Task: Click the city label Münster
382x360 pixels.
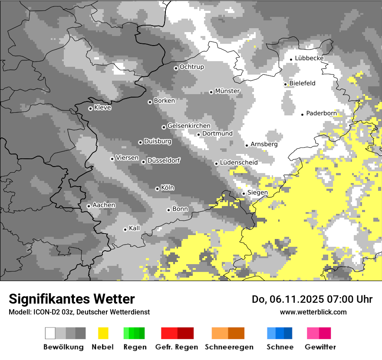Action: [227, 91]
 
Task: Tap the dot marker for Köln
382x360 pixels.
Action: [157, 189]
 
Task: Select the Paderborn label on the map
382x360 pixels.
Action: [321, 114]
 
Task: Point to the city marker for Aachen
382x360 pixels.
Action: [89, 206]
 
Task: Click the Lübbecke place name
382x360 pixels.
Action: [309, 59]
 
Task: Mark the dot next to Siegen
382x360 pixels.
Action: [244, 193]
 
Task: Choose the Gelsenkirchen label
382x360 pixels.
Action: [189, 126]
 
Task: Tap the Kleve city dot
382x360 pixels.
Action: [90, 108]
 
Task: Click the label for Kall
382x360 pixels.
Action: [135, 228]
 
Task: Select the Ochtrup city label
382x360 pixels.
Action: [191, 67]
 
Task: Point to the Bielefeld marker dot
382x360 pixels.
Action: [286, 84]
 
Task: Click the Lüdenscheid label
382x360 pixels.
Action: [239, 163]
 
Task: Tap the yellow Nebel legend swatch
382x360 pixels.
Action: [103, 333]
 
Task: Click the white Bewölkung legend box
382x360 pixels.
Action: [50, 333]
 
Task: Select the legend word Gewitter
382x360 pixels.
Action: [320, 347]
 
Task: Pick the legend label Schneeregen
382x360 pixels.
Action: [229, 347]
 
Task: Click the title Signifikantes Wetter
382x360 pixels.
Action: [72, 299]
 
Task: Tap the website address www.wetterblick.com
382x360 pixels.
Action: [313, 312]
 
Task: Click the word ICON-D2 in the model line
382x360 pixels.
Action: [43, 312]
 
